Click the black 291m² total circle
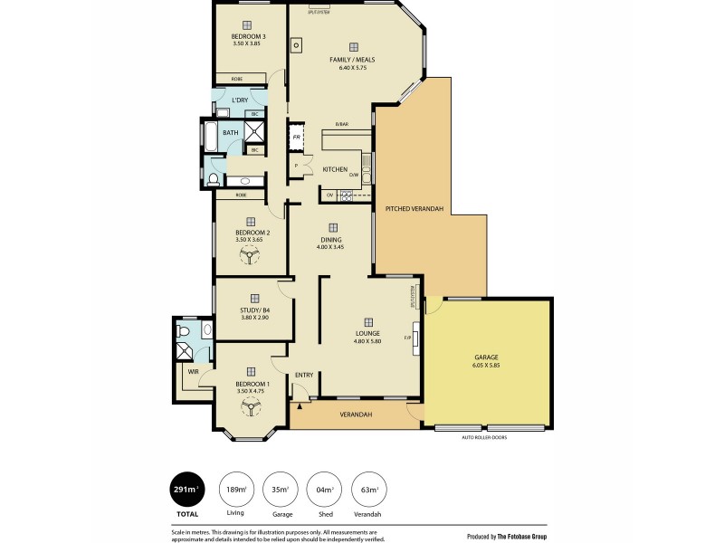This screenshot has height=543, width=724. [188, 490]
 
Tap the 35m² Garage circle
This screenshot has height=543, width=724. [280, 490]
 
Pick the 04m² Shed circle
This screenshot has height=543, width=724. [323, 490]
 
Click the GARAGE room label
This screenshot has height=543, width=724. [486, 357]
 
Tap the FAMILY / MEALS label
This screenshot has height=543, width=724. [351, 60]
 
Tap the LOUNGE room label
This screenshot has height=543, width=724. [367, 333]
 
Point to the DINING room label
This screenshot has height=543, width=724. [330, 240]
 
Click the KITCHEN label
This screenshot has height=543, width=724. [336, 169]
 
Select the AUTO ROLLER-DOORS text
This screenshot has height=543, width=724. [484, 437]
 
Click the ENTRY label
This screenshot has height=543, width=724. [303, 375]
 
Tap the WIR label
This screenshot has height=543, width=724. [193, 372]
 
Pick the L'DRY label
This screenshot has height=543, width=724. [240, 100]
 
